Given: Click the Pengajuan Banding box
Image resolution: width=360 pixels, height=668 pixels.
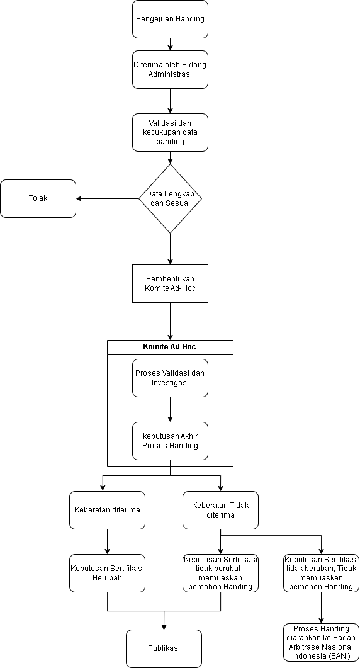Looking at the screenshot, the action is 170,19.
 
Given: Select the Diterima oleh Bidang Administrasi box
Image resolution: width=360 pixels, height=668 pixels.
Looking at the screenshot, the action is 170,69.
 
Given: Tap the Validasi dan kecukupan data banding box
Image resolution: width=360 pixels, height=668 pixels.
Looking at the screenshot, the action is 170,132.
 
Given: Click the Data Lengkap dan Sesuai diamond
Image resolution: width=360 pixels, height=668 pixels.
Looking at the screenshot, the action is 170,198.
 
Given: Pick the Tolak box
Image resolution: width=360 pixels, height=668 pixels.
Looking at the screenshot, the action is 38,198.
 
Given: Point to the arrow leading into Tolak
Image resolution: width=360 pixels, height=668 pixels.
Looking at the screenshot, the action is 108,198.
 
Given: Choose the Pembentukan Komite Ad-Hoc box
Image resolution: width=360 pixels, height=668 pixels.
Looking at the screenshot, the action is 170,284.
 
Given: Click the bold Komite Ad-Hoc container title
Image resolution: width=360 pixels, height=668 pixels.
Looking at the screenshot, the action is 169,347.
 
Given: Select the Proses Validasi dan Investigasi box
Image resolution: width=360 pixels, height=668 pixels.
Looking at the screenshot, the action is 170,378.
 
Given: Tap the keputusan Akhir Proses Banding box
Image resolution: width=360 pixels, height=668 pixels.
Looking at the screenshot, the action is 170,441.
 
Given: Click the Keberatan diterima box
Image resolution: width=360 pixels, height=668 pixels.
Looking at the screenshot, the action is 107,510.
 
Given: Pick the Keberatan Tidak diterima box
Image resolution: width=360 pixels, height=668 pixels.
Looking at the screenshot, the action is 220,510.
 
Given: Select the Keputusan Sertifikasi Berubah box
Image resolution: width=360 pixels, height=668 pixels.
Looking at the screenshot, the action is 107,573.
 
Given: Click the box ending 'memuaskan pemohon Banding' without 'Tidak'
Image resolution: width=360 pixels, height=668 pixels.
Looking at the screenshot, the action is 220,573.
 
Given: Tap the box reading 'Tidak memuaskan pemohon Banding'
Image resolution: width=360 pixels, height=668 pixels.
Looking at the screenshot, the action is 321,573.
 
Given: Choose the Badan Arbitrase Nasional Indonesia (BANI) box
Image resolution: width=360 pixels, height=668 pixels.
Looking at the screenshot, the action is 321,642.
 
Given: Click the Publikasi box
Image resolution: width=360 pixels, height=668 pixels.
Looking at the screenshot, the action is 164,648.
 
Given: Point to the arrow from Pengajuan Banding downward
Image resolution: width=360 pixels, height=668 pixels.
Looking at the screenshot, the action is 170,44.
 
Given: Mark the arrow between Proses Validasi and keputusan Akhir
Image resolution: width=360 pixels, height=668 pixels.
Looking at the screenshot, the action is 170,409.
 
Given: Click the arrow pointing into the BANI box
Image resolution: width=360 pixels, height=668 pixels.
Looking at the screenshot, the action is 321,608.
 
